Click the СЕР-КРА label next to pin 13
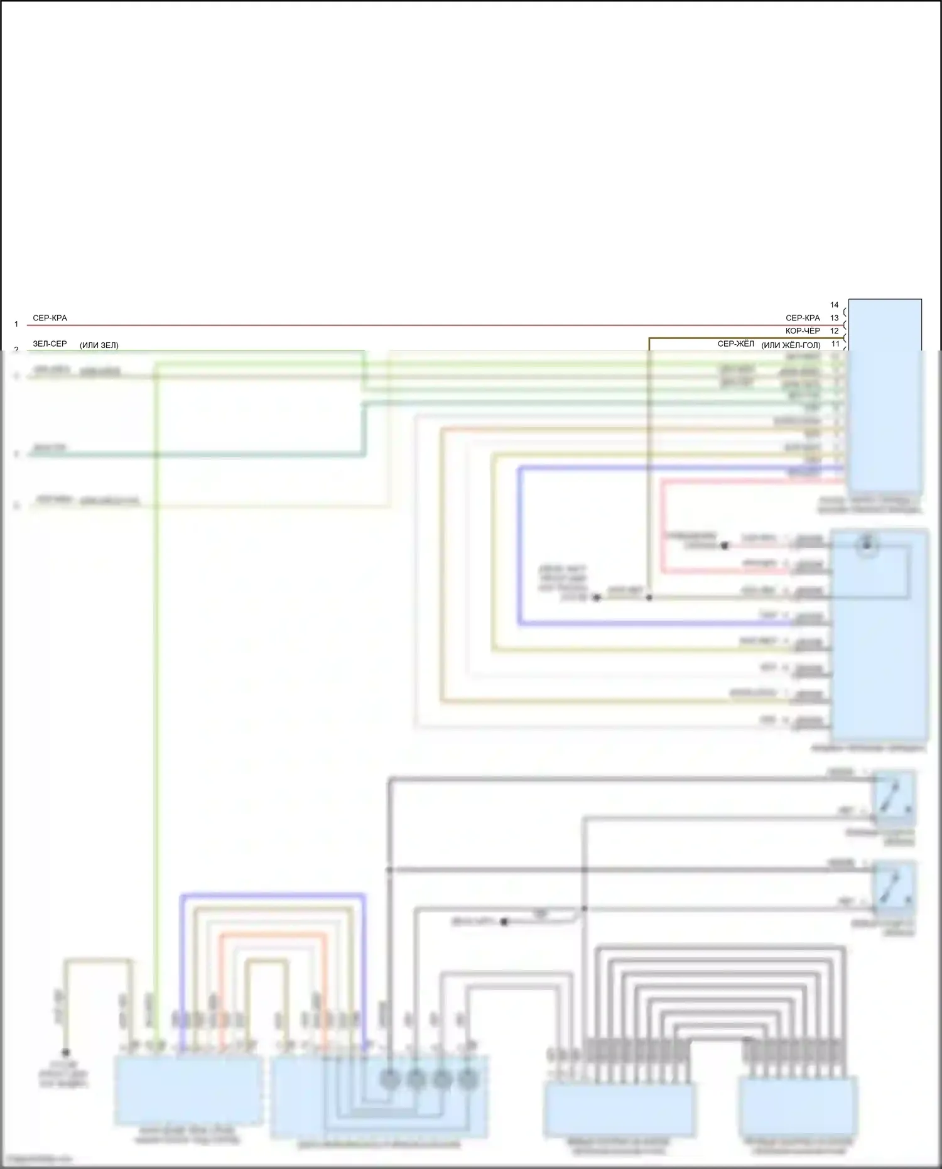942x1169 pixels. [803, 318]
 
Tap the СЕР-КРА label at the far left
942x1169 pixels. [50, 318]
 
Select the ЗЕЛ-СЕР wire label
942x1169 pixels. [50, 344]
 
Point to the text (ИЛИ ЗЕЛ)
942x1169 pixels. [99, 345]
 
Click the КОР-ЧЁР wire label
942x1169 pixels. [803, 330]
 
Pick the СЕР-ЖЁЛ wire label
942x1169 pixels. [735, 344]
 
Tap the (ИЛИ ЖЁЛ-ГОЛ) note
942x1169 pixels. [791, 345]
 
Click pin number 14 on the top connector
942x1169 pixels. [834, 305]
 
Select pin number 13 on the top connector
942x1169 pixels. [834, 318]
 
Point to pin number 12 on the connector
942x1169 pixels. [834, 330]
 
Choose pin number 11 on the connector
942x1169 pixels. [835, 344]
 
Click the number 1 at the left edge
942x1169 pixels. [16, 324]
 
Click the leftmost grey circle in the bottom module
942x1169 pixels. [389, 1079]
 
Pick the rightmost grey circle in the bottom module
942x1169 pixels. [468, 1079]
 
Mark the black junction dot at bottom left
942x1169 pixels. [65, 1052]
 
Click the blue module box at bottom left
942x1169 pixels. [188, 1090]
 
